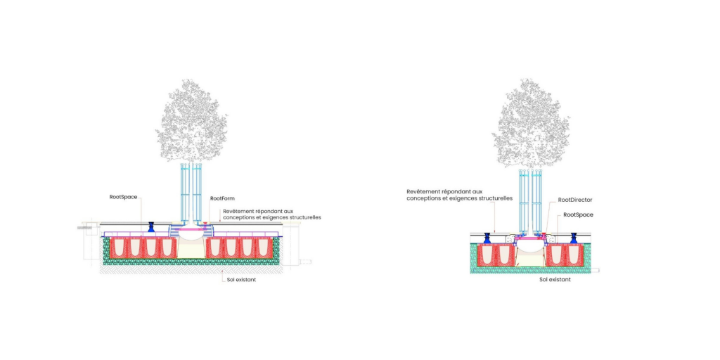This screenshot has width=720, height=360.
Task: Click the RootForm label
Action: point(222,199)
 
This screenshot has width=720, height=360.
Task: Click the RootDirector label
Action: point(575,200)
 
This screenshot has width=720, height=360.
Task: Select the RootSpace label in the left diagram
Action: point(123,197)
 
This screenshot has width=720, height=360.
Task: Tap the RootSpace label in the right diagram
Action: point(578,214)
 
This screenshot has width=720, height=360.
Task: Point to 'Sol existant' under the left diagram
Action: point(242,278)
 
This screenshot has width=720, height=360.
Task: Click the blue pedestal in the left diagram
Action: point(151,227)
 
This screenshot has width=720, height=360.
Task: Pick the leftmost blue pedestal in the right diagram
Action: point(488,238)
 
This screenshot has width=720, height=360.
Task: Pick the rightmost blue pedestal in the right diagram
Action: point(573,238)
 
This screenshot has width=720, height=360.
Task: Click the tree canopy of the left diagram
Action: point(191,120)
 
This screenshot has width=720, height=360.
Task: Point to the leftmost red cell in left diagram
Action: point(117,248)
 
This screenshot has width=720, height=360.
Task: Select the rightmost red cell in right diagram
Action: point(575,255)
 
